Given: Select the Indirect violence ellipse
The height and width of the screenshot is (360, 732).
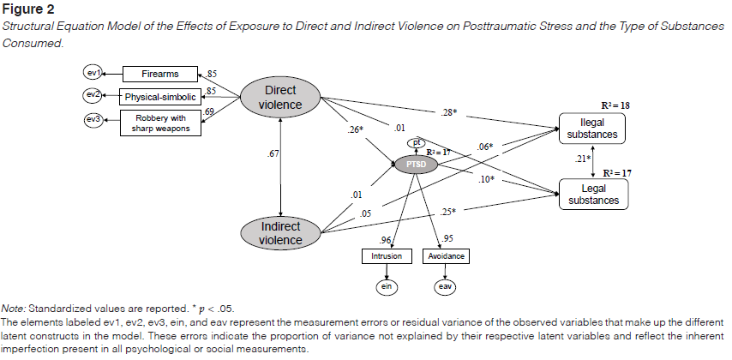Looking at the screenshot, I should click(x=281, y=233).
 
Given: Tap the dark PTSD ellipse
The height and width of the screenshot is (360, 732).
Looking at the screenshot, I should click(x=417, y=163).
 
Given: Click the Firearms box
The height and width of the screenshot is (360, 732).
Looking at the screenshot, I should click(x=160, y=74).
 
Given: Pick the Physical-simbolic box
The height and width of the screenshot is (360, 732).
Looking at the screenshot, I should click(x=160, y=96).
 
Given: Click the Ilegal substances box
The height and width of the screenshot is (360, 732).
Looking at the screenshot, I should click(x=591, y=127).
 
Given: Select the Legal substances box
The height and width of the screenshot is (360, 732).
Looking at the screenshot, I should click(x=591, y=194).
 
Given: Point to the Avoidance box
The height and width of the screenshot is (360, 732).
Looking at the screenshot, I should click(x=447, y=255).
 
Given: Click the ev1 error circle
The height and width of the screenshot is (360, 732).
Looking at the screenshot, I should click(x=93, y=73).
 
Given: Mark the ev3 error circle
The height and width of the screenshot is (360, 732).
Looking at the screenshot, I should click(x=93, y=119).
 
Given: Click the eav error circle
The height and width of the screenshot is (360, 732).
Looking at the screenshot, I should click(x=447, y=285).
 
